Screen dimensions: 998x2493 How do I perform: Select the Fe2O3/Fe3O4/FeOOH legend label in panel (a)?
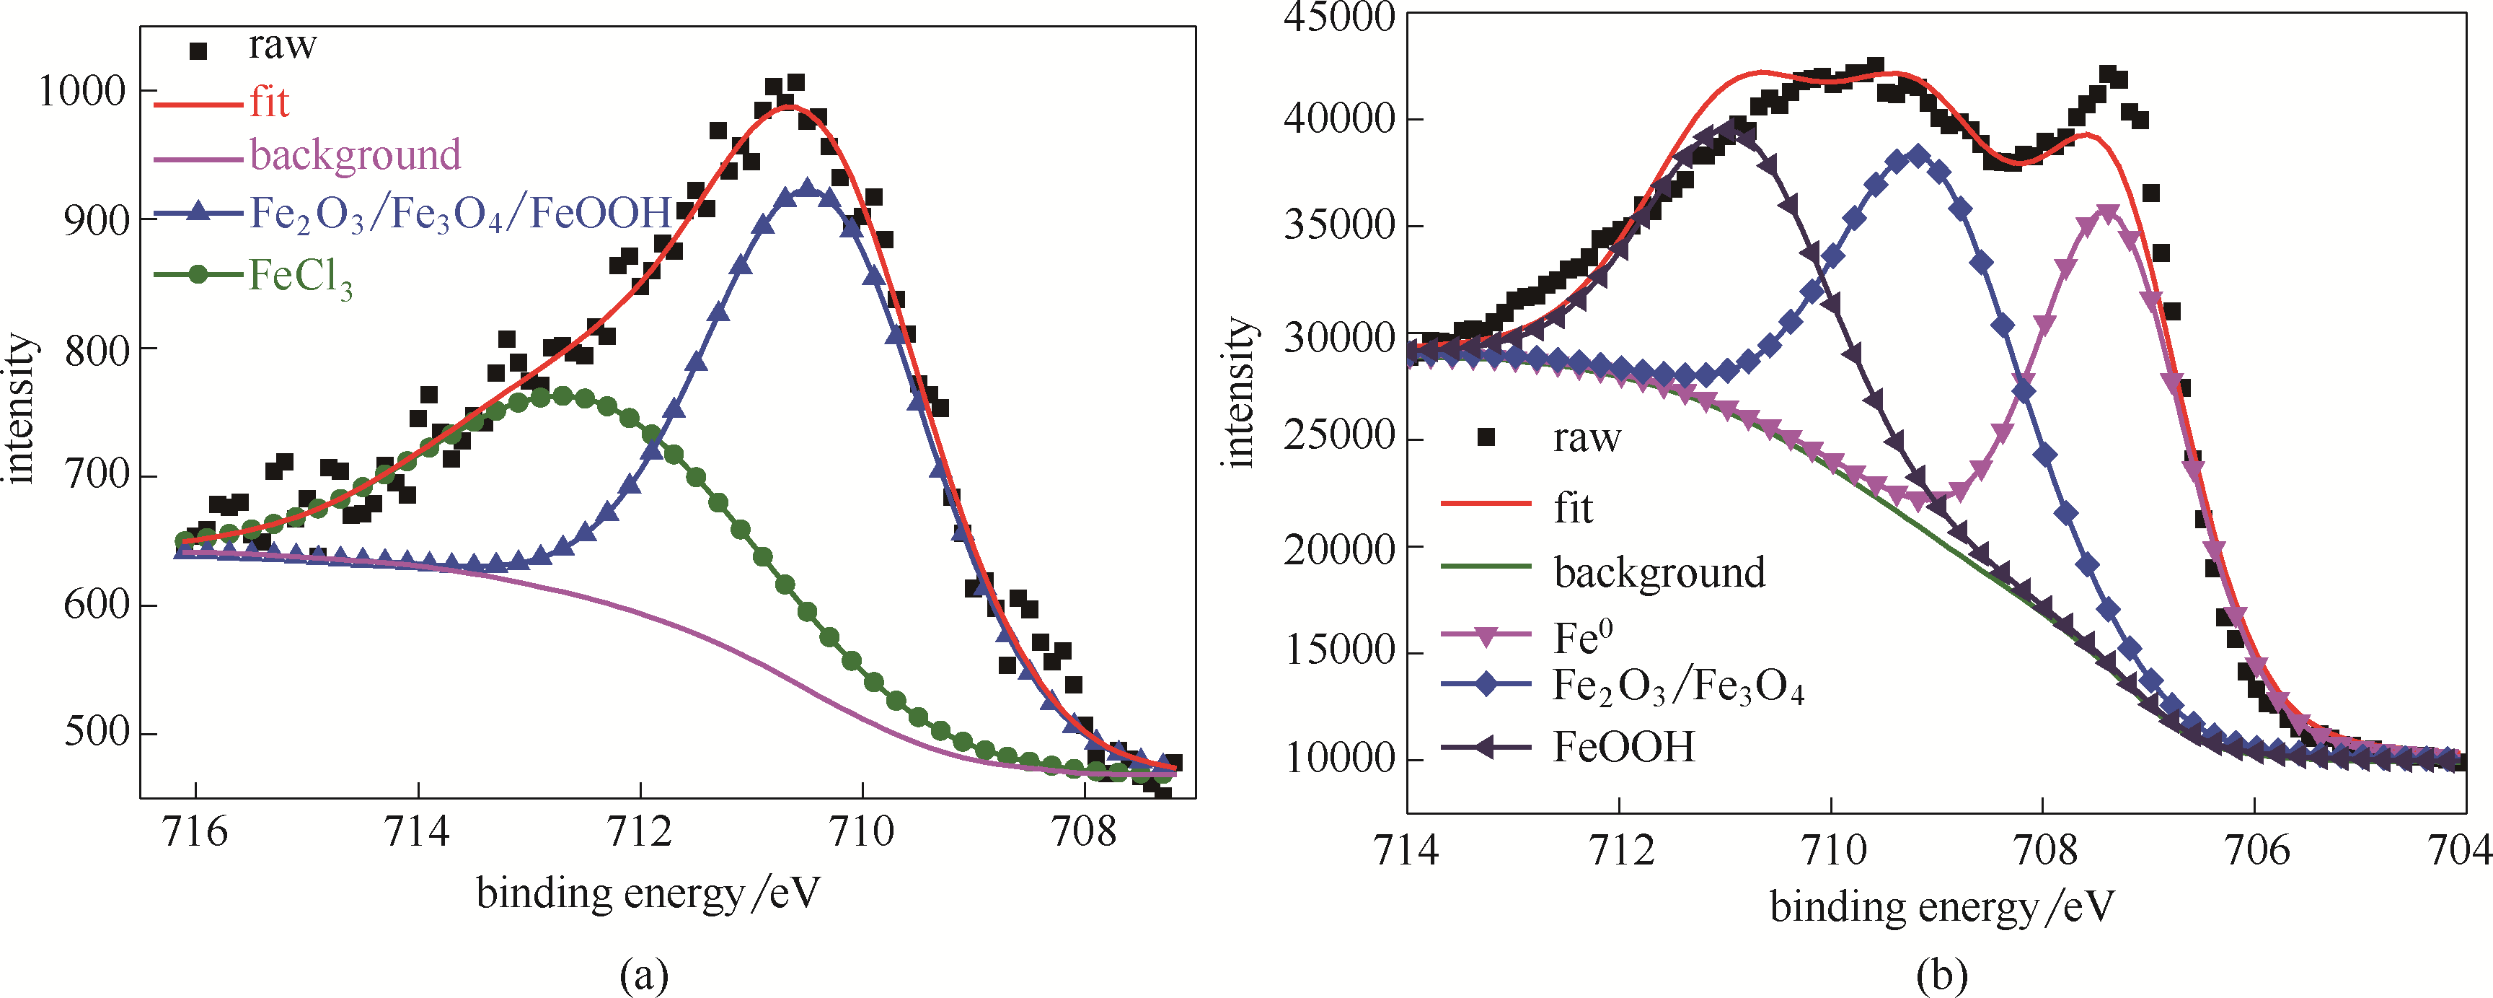point(459,213)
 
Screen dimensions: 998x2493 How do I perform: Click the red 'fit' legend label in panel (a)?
point(269,102)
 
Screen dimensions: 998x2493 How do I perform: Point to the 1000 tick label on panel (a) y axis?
point(81,91)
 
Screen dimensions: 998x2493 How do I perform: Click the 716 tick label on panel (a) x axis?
point(195,833)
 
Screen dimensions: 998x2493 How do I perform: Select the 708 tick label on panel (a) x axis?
point(1084,833)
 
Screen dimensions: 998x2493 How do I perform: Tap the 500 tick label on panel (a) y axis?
point(95,732)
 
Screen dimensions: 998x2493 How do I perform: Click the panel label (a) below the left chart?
point(643,973)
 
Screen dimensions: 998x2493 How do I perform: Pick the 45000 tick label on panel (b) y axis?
point(1338,17)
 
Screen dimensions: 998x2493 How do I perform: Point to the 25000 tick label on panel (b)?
point(1338,437)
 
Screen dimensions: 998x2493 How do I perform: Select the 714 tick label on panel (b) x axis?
point(1406,850)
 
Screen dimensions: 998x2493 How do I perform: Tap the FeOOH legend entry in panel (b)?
point(1624,748)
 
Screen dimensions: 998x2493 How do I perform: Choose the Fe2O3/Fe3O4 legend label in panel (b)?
point(1678,687)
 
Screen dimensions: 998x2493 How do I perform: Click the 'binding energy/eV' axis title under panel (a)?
point(648,893)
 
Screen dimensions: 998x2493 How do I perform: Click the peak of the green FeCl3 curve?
point(561,395)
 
